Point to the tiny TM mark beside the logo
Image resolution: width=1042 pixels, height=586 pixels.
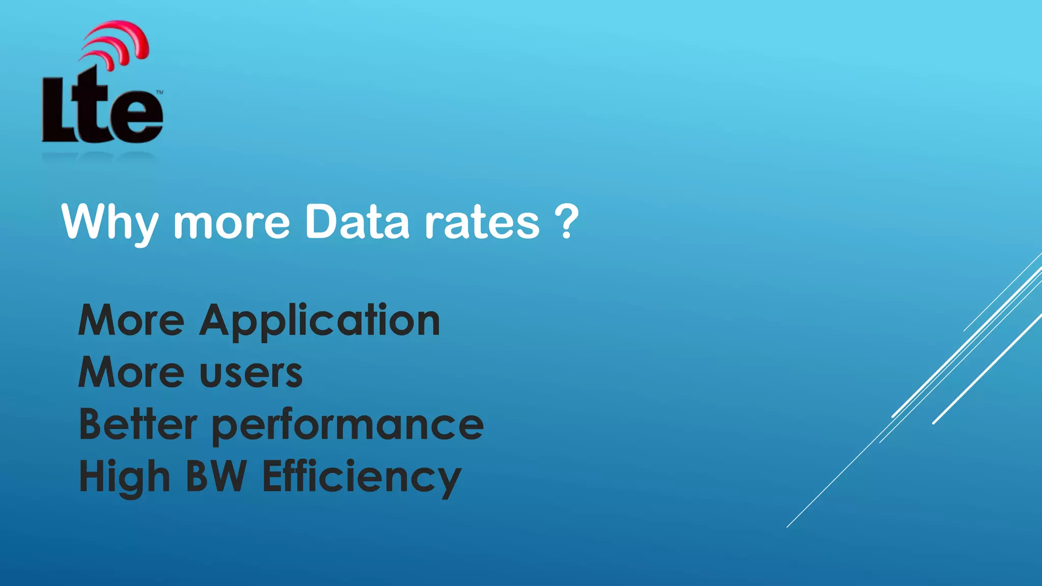click(x=159, y=93)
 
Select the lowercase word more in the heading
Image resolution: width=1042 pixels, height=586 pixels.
click(x=232, y=224)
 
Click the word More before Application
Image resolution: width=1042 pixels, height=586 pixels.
click(x=131, y=320)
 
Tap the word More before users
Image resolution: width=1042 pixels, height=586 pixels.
click(x=131, y=372)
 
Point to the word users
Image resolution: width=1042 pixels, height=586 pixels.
click(x=251, y=374)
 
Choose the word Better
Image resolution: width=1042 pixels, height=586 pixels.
click(x=138, y=424)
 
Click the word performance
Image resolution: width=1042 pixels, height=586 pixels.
click(x=348, y=427)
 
